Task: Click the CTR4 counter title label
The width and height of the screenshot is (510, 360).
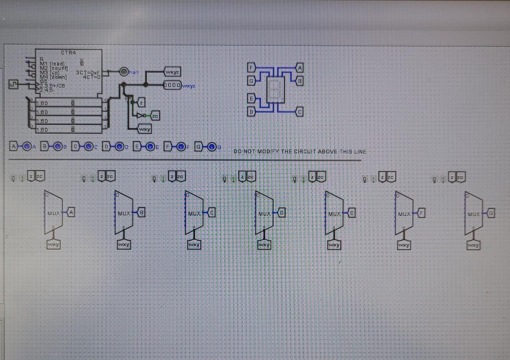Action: point(68,53)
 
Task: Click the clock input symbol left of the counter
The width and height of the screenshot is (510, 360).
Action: point(14,84)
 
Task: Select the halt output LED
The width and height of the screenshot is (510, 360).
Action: point(124,72)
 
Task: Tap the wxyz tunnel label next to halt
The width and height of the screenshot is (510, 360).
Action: point(172,72)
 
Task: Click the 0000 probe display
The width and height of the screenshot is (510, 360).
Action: point(172,85)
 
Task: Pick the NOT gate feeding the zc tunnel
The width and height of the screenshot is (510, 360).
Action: point(141,116)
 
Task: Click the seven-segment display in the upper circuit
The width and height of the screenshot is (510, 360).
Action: point(275,90)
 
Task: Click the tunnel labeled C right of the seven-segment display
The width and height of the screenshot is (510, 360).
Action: point(299,112)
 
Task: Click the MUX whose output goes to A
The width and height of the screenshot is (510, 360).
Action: point(53,212)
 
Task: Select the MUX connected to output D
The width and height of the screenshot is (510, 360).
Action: point(264,213)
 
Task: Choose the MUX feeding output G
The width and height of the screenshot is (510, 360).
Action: point(473,214)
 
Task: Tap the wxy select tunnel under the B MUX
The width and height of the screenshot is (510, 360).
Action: point(124,245)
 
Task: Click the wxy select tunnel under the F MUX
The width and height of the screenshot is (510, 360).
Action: point(404,245)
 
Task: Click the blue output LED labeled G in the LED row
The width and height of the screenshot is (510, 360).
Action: point(212,147)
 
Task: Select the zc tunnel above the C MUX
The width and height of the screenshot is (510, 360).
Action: point(181,176)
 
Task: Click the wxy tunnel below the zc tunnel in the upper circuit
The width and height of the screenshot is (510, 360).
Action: point(145,129)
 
